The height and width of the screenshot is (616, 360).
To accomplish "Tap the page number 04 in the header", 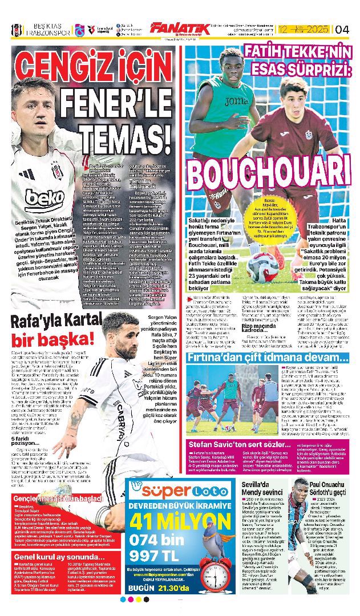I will pos(342,29).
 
